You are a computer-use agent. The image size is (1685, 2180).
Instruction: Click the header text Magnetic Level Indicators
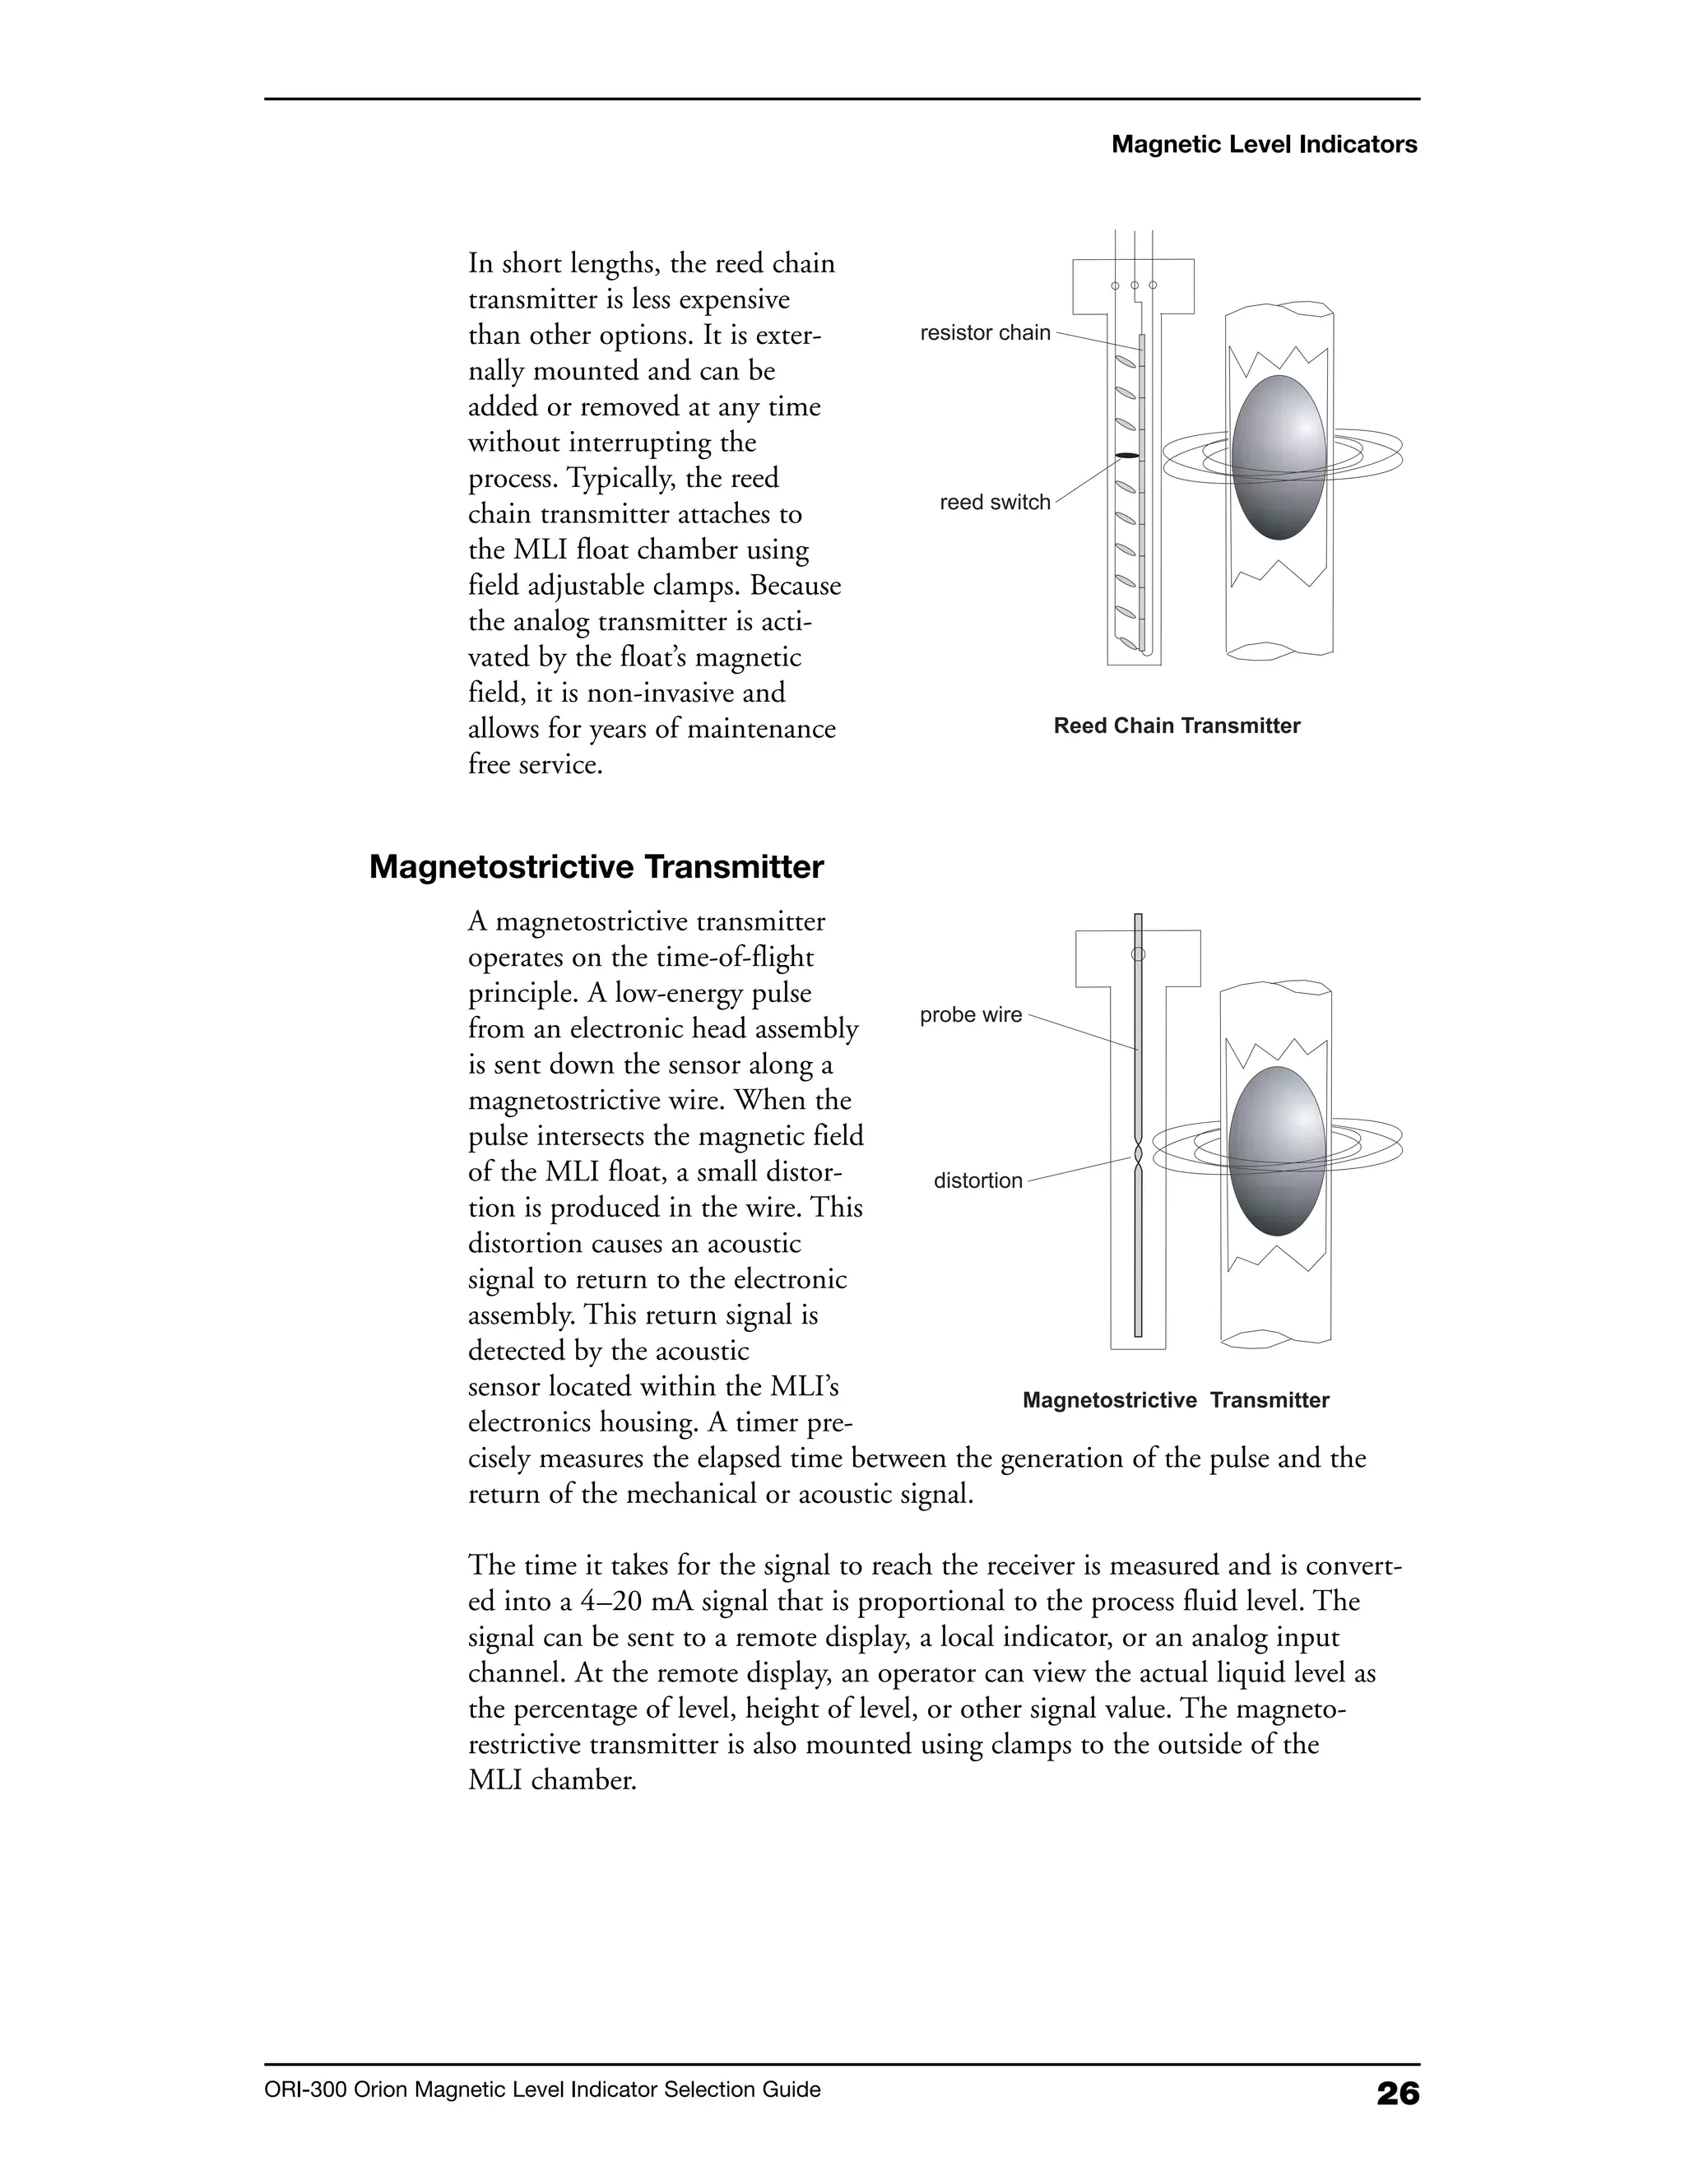pos(1264,145)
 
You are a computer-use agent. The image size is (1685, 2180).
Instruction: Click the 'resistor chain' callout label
pos(984,333)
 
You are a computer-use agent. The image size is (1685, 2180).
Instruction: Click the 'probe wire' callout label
pos(970,1015)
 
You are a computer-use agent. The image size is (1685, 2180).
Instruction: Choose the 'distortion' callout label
pos(977,1180)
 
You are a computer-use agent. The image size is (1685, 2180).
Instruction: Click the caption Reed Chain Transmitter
pos(1176,726)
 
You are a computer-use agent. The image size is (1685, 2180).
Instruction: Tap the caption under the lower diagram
pos(1175,1400)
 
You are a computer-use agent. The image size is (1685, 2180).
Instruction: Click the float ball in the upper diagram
pos(1279,457)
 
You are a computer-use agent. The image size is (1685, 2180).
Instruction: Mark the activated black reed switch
pos(1126,457)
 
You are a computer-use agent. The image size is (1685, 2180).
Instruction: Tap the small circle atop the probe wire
pos(1137,954)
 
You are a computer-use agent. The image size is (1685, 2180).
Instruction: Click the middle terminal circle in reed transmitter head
pos(1134,285)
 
